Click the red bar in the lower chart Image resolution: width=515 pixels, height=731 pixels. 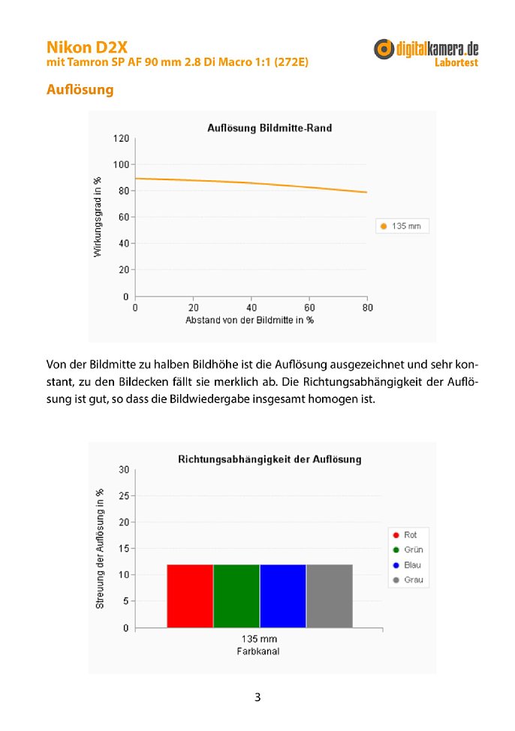(190, 596)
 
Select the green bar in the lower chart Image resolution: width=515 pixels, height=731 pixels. (236, 596)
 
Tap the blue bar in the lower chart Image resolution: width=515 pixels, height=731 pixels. (283, 596)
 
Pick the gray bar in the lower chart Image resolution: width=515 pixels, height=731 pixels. (330, 596)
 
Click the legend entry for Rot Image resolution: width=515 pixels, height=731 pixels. (405, 534)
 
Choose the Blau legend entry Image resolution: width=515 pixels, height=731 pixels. (407, 565)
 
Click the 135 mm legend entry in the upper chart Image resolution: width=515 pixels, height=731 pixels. (401, 226)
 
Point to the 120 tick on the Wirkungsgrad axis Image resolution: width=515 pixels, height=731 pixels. (121, 138)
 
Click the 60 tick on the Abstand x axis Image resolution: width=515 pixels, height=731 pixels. (309, 308)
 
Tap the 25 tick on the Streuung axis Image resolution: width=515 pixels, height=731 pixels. (124, 496)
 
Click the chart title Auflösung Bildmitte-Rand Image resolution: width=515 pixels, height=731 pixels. (270, 128)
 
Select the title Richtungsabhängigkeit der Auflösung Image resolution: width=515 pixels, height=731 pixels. (270, 459)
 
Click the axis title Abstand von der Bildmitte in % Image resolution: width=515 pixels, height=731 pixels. (249, 320)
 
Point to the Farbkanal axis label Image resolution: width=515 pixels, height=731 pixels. (258, 651)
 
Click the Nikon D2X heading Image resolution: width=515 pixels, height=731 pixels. (87, 47)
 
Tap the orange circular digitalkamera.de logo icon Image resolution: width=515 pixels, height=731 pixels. (384, 49)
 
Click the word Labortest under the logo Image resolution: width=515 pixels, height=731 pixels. (456, 62)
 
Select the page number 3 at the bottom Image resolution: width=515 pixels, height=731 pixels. (257, 697)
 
